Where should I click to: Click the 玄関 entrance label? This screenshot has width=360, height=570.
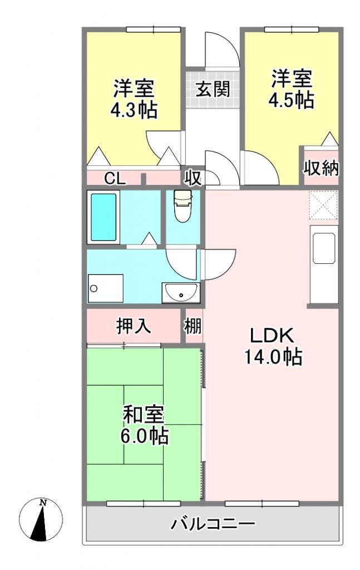click(213, 90)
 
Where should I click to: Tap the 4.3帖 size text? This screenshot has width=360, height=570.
click(134, 109)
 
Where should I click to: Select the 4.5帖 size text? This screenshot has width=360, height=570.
click(292, 100)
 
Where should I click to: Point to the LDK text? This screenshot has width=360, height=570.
click(272, 335)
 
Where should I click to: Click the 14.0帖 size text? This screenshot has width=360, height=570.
click(273, 357)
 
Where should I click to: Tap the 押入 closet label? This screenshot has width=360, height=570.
click(134, 326)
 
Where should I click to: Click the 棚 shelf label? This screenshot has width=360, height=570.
click(192, 326)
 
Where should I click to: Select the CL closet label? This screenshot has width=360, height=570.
click(115, 179)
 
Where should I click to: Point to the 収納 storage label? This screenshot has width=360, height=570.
click(321, 168)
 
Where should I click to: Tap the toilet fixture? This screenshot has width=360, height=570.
click(183, 206)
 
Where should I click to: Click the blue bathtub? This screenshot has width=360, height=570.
click(103, 218)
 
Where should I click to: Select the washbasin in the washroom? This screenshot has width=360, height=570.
click(180, 293)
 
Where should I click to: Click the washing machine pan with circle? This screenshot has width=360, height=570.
click(105, 288)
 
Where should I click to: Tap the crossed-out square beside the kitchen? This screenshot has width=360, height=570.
click(323, 205)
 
